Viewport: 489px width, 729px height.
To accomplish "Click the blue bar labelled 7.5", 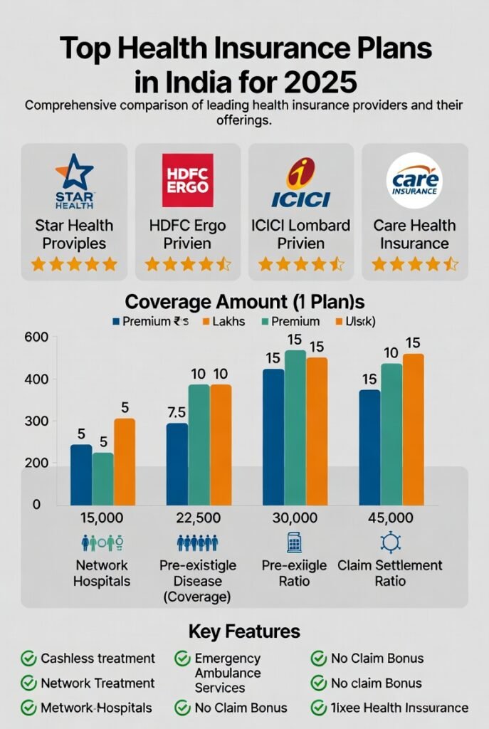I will (x=177, y=463).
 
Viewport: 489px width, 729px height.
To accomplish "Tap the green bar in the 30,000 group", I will (x=295, y=427).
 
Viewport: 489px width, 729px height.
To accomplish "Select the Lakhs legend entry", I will (x=222, y=321).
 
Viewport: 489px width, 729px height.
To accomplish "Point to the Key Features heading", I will (x=244, y=631).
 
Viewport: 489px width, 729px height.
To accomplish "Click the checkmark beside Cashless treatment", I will (x=28, y=659).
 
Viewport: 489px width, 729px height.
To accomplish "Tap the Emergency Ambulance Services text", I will (x=227, y=673).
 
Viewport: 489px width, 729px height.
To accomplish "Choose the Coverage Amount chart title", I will (x=244, y=301).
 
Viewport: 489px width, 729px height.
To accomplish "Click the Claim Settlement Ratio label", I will (x=389, y=573).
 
